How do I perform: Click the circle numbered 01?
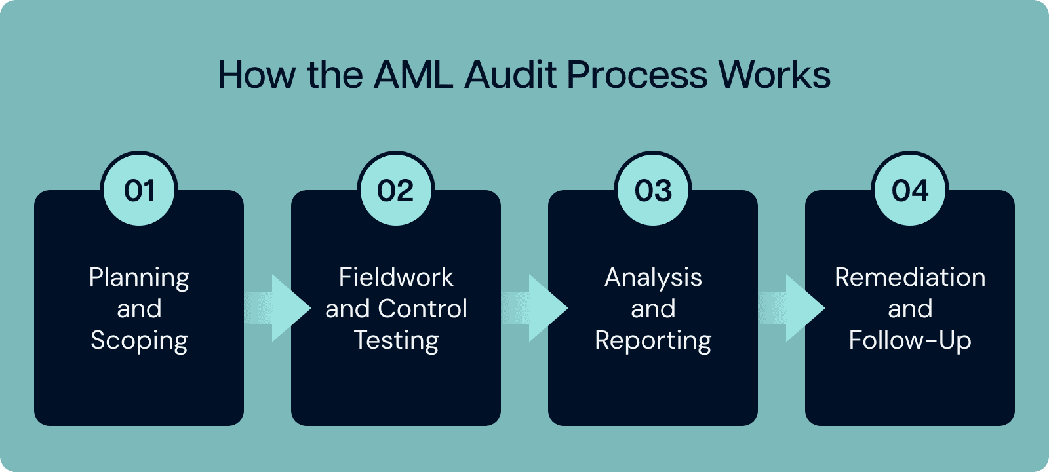(x=139, y=190)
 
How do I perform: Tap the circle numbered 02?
(x=396, y=190)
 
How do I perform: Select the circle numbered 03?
(x=653, y=190)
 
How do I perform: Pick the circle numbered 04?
(x=910, y=190)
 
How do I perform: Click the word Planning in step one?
(x=139, y=278)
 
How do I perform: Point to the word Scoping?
(x=139, y=341)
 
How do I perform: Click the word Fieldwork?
(x=396, y=277)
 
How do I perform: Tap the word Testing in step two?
(x=396, y=341)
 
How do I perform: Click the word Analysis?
(x=653, y=278)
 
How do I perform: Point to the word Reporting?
(x=653, y=341)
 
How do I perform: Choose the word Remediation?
(x=910, y=277)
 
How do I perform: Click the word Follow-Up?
(x=910, y=341)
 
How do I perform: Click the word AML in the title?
(x=413, y=75)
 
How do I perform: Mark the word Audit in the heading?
(x=512, y=75)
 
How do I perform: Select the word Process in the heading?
(x=637, y=75)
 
